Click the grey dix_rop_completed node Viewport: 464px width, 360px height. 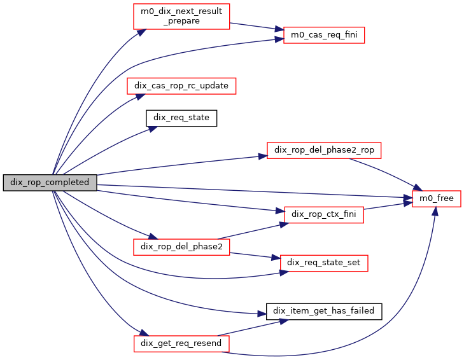(x=50, y=182)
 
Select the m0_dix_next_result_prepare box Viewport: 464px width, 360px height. (x=181, y=16)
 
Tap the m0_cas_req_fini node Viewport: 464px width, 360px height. (x=324, y=34)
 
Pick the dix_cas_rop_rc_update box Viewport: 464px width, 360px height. (x=181, y=85)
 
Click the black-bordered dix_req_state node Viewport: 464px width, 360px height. (x=181, y=118)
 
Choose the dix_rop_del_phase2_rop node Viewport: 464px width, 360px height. (x=324, y=150)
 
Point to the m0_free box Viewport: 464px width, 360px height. (x=437, y=198)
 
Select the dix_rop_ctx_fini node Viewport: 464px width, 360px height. (x=324, y=214)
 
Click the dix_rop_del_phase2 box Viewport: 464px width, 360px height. (x=181, y=246)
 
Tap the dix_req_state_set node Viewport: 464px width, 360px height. (x=324, y=262)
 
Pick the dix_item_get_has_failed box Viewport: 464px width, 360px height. (x=324, y=310)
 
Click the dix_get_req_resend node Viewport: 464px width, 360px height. (x=181, y=343)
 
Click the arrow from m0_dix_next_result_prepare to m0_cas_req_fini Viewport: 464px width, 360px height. (x=255, y=26)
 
